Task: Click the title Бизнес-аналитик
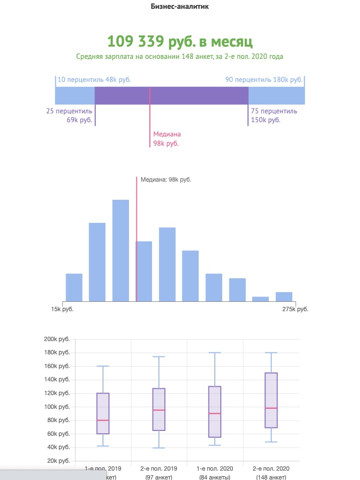click(180, 7)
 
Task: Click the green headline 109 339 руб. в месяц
click(180, 41)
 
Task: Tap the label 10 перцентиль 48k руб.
click(94, 80)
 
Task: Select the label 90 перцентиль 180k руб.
click(263, 80)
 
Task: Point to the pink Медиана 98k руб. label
click(167, 138)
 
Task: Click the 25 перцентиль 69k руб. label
click(69, 115)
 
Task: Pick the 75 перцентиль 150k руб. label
click(274, 115)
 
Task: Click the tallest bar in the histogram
click(121, 250)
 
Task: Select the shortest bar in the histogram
click(260, 298)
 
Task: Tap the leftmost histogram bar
click(74, 287)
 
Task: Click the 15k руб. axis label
click(62, 309)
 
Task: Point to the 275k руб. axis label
click(295, 309)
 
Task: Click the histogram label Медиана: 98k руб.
click(166, 180)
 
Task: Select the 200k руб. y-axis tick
click(57, 339)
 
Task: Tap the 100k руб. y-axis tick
click(57, 407)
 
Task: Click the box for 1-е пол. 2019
click(103, 413)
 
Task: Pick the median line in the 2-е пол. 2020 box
click(271, 408)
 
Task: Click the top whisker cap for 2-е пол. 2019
click(159, 357)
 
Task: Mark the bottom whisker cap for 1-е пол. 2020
click(215, 445)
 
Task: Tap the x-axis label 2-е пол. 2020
click(271, 469)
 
